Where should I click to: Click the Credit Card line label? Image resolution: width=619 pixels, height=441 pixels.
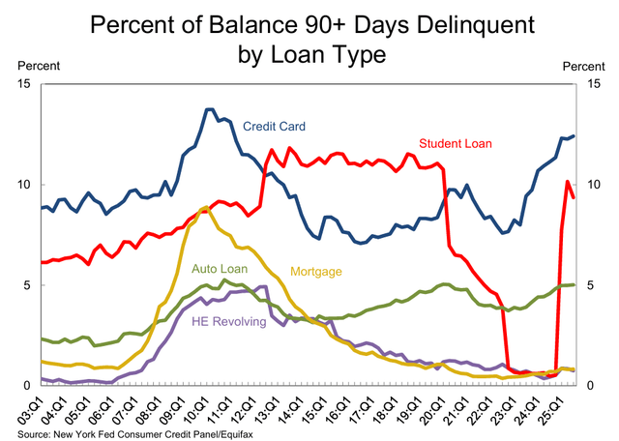pos(276,126)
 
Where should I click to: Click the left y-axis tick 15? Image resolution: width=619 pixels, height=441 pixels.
pos(23,84)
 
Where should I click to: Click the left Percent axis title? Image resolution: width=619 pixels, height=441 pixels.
pos(37,66)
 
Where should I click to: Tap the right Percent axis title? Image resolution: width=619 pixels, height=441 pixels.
pos(582,66)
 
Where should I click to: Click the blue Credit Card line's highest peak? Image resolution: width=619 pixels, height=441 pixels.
pos(210,109)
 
